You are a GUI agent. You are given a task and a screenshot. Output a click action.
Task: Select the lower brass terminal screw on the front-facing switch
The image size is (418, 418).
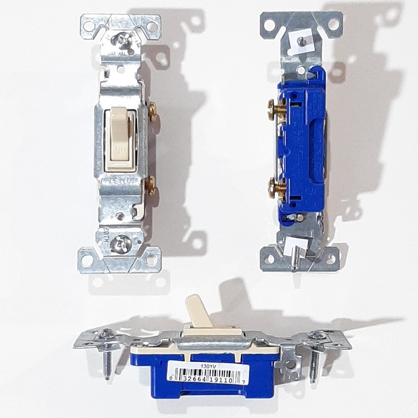click(x=150, y=186)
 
